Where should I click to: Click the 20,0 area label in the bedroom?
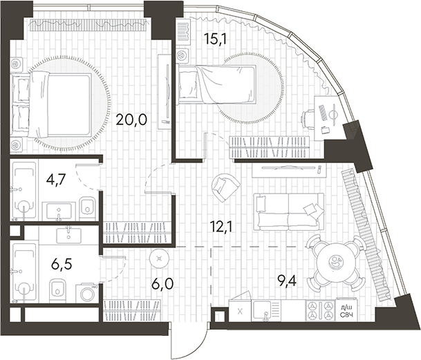coord(131,120)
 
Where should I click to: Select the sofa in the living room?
coord(289,211)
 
